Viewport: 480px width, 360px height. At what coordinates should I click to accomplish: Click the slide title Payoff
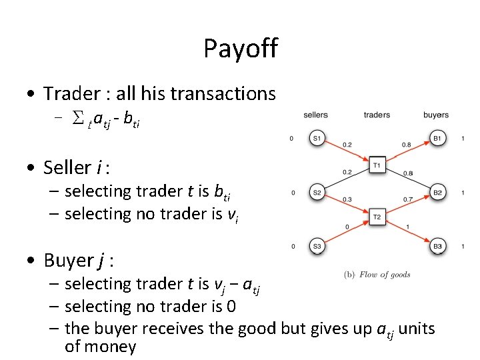pos(240,49)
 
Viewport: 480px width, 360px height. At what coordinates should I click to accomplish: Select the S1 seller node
pos(318,139)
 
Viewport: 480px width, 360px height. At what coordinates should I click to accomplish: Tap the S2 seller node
pos(318,193)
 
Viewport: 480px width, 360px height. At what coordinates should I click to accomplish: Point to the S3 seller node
pos(318,247)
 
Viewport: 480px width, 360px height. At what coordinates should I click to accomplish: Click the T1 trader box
pos(377,165)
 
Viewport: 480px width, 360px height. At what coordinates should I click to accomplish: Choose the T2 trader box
pos(377,217)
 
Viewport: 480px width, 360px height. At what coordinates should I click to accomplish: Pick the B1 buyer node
pos(437,139)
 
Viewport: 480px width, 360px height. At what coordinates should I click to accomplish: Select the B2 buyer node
pos(437,193)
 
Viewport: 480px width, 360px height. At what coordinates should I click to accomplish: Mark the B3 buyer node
pos(437,247)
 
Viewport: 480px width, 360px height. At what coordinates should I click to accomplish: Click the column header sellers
pos(315,115)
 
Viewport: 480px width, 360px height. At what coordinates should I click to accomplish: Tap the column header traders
pos(377,115)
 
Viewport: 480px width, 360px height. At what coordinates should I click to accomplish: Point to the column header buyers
pos(436,115)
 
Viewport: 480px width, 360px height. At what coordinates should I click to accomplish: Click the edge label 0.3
pos(347,199)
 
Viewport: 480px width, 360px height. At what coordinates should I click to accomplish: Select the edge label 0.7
pos(408,199)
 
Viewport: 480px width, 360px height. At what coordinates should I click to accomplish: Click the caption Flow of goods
pos(385,275)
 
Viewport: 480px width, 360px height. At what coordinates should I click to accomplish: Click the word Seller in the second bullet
pos(67,167)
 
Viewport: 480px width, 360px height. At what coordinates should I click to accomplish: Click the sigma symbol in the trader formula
pos(77,120)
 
